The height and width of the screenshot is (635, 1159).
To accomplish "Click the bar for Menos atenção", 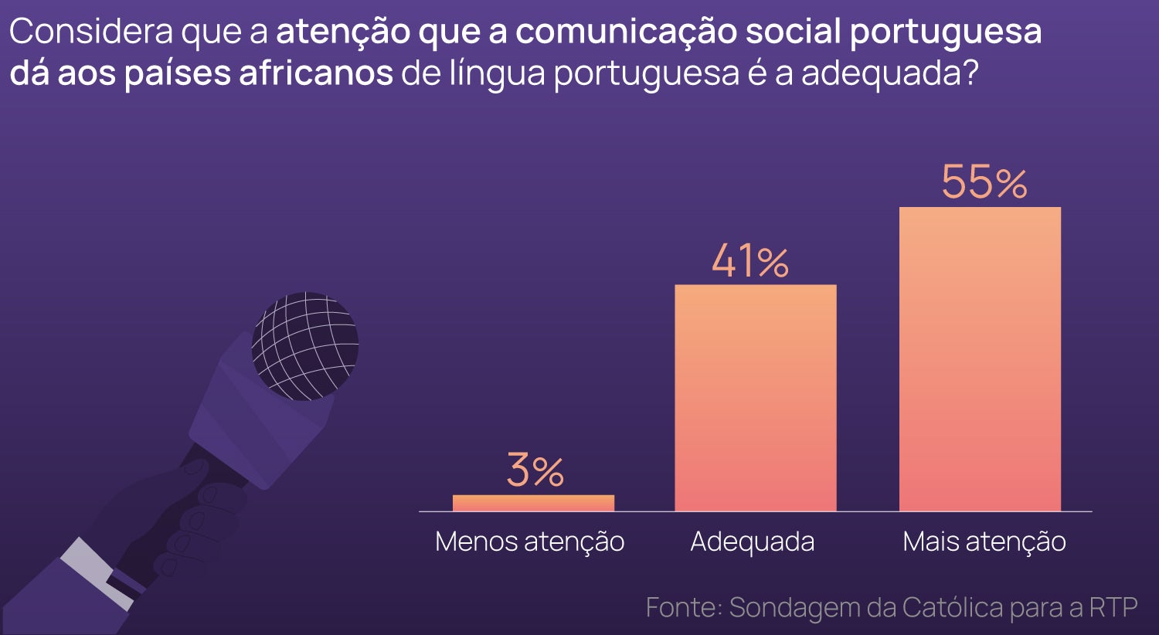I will coord(533,503).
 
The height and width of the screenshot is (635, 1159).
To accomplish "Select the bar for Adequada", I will coord(755,398).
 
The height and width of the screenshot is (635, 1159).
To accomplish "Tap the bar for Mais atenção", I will coord(980,359).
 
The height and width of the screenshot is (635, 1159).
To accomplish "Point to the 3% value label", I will coord(535,470).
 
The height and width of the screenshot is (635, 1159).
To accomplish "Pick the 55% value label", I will coord(984,182).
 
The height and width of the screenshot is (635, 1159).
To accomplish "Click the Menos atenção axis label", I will coord(529,542).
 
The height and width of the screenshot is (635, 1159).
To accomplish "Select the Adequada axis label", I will coord(752,542).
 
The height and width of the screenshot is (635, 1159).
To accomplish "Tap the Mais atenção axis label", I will coord(984,542).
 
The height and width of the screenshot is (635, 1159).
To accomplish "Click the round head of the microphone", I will coord(304,345).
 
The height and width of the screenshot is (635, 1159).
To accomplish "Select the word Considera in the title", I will coord(90,32).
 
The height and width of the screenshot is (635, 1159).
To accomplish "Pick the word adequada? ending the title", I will coord(889,73).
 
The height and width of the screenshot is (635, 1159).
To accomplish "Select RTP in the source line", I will coord(1113,607).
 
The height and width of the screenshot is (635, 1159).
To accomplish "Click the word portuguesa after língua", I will coord(646,74).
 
